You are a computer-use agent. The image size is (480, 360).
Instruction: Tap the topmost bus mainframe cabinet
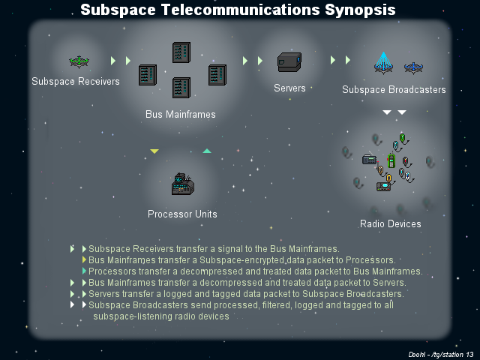[x=181, y=52]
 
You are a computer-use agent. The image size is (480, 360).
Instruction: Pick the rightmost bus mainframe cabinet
[x=217, y=75]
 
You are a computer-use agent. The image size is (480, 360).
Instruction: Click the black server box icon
[x=289, y=61]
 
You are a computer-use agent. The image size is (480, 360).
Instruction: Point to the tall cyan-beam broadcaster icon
[x=384, y=63]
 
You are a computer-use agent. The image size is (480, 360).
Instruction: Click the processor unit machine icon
[x=182, y=184]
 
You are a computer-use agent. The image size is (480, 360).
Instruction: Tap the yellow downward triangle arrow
[x=154, y=151]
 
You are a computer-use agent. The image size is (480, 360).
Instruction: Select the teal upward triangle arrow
[x=207, y=151]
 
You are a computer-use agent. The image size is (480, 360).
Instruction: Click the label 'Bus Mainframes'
[x=181, y=115]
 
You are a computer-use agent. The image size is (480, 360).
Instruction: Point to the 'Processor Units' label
[x=182, y=214]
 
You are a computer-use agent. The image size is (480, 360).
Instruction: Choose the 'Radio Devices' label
[x=390, y=223]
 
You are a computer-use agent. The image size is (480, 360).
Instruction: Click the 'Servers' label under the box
[x=289, y=88]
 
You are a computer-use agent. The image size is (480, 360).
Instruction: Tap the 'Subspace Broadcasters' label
[x=394, y=90]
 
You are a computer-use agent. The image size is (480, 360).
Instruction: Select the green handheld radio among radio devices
[x=391, y=161]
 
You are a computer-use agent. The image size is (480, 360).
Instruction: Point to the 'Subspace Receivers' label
[x=76, y=81]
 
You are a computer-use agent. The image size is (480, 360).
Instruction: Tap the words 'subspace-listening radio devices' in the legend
[x=160, y=316]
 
